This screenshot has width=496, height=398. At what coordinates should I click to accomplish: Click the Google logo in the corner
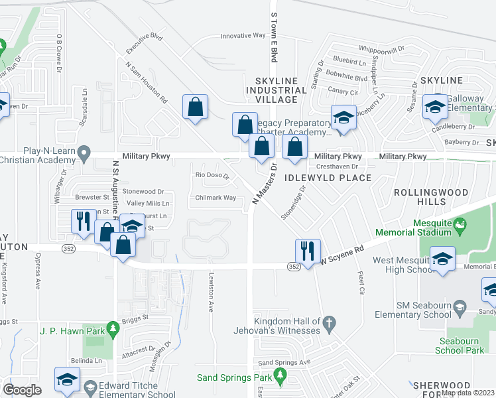click(x=22, y=390)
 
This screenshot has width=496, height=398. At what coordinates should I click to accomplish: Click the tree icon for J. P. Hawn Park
click(x=113, y=327)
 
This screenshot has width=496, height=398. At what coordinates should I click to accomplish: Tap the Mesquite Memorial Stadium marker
click(x=458, y=227)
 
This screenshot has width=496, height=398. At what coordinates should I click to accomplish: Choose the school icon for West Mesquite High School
click(x=442, y=259)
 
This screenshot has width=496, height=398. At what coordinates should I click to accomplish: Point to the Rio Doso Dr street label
click(x=212, y=176)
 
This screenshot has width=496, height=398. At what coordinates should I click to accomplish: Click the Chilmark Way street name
click(x=216, y=198)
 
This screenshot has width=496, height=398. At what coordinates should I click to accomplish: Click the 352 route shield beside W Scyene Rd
click(x=294, y=266)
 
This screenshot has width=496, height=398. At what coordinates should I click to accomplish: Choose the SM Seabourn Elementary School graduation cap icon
click(x=460, y=307)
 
